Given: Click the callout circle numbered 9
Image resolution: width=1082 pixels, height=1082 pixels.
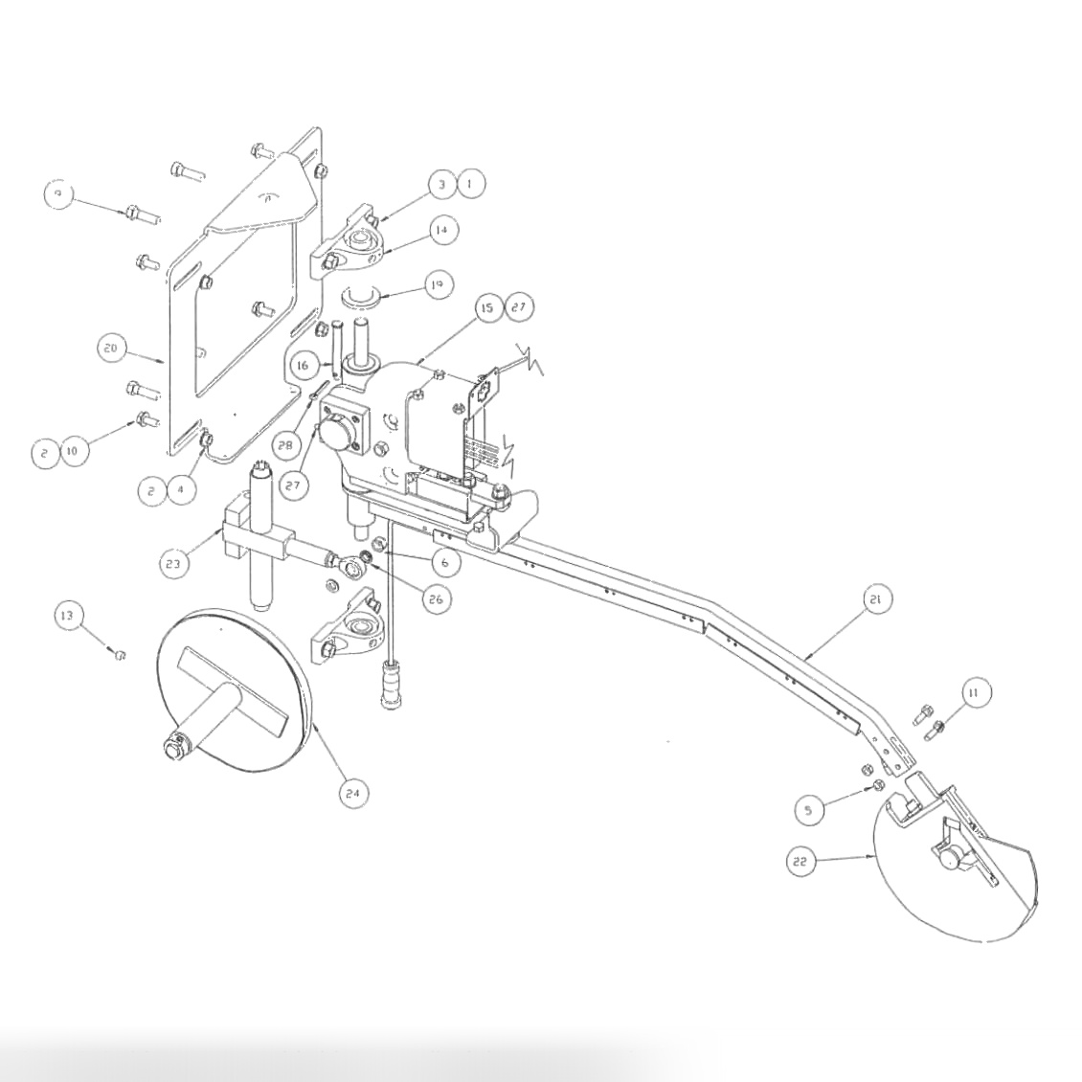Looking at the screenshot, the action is click(59, 194).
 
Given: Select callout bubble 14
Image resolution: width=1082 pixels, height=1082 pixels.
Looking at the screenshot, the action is click(441, 230).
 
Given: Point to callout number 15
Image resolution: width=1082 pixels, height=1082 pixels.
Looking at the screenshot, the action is click(487, 307).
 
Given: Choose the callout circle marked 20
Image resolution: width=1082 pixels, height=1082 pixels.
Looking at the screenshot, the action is click(110, 349).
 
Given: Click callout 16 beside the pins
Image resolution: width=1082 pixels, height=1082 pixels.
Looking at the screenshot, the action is click(303, 366).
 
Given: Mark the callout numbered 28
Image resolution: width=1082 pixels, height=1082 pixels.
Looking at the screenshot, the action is click(282, 444).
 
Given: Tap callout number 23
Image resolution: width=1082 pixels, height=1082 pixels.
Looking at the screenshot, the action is click(172, 564).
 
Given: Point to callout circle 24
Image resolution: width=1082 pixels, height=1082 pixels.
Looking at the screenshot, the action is click(353, 792).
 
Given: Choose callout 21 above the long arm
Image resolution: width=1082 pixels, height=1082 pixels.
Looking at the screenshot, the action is click(876, 599).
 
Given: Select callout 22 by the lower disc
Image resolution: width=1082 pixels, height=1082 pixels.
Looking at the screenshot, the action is click(801, 862).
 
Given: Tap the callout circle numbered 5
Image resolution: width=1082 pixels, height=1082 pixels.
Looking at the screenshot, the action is click(809, 810).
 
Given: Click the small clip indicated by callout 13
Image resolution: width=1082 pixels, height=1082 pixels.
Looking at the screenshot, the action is click(121, 655).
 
